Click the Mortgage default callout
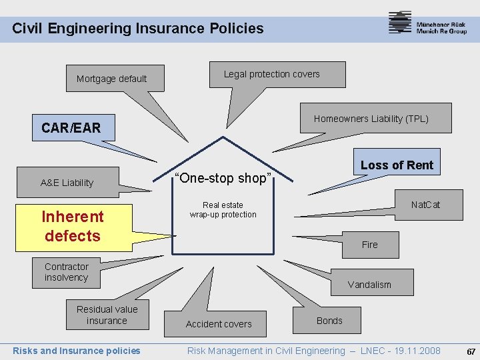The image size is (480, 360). pos(111,79)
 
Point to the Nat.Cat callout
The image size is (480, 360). pos(425,204)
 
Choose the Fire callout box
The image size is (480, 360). pos(370,245)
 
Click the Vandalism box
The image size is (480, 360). pos(369,285)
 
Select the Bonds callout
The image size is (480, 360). pos(329,321)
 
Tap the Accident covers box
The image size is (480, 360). pos(219,324)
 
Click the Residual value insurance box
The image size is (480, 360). pos(107,315)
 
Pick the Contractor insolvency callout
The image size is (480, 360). pos(67,272)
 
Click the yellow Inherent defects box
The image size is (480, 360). pos(73,226)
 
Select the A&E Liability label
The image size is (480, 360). pos(67,183)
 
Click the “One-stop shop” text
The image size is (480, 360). pos(222,178)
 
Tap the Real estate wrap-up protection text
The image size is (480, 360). pos(223,210)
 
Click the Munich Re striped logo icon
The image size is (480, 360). pos(400,23)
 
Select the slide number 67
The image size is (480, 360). pos(471,351)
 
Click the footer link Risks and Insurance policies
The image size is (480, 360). pos(77,351)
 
